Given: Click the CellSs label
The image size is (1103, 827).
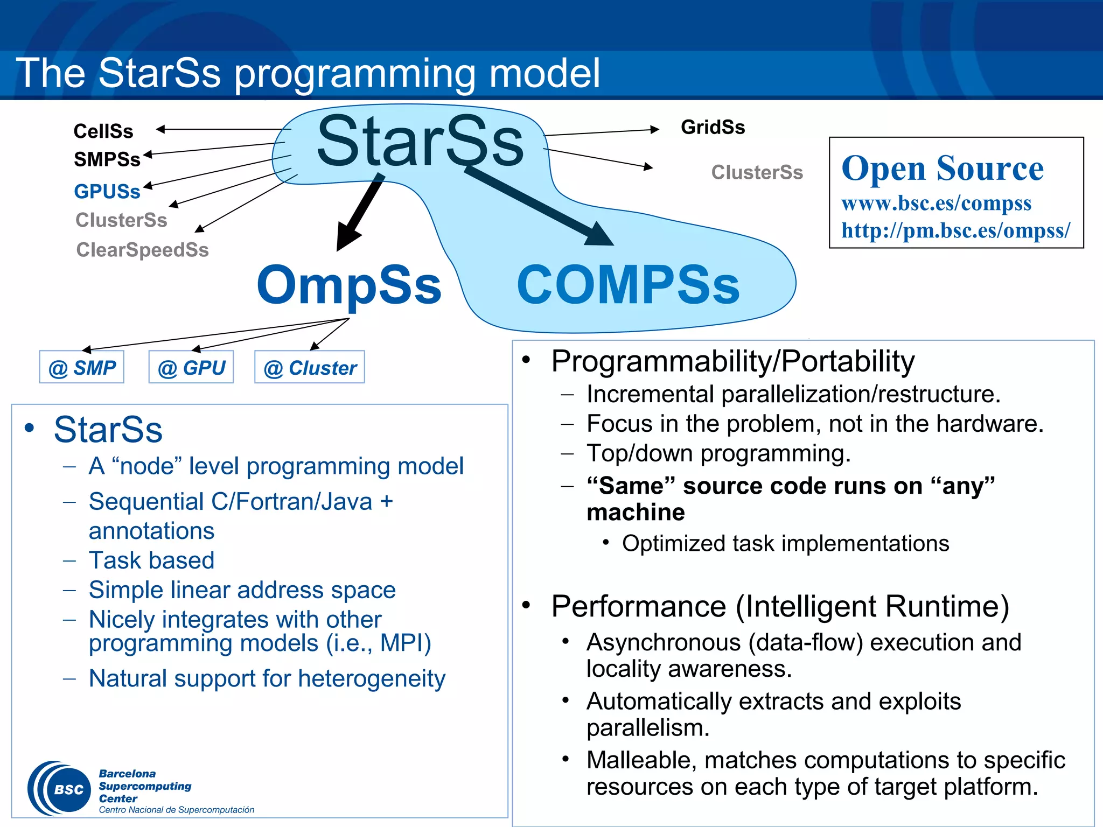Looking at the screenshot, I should (103, 131).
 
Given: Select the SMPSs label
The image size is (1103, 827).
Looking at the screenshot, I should (107, 159).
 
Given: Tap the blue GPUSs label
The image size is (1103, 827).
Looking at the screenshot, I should (107, 191).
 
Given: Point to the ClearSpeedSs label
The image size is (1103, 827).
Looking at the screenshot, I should (142, 249).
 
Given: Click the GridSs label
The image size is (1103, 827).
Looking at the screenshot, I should (713, 127).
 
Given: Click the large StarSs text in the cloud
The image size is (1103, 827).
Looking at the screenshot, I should (420, 142).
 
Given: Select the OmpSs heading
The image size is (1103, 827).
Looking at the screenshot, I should (349, 285).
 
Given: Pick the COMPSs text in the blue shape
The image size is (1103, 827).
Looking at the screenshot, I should (628, 285).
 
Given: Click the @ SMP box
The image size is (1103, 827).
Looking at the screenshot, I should (82, 368).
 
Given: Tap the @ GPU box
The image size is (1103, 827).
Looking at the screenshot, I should (191, 368).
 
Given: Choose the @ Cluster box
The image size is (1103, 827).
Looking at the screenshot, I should (310, 368).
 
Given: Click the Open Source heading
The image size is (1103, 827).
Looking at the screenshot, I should (943, 168).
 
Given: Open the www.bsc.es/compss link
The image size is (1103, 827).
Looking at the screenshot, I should (936, 203).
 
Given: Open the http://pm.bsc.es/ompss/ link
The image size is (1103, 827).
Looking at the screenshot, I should (956, 230).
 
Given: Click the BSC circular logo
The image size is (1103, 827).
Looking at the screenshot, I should (59, 789).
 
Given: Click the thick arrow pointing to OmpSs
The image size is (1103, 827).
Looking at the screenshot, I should (360, 213).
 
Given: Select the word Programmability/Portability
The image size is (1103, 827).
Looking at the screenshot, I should (732, 361).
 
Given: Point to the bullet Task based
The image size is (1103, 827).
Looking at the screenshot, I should (151, 560).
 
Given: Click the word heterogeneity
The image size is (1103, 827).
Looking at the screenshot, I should (372, 678).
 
